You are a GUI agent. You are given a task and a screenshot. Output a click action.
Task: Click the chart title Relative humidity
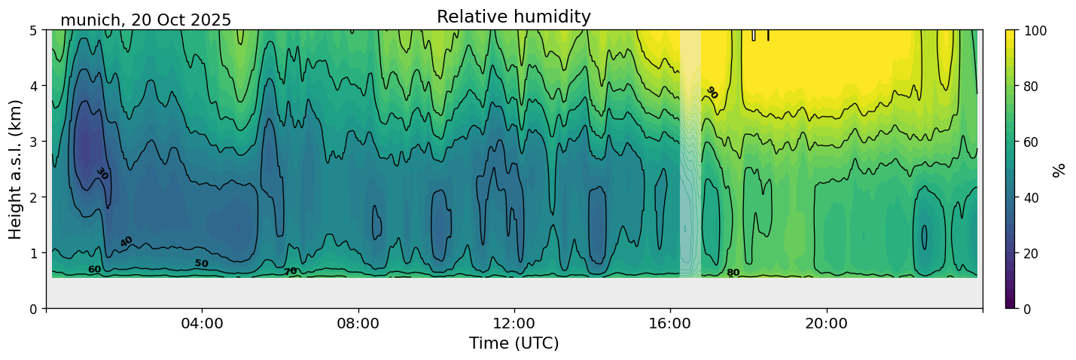(x=514, y=17)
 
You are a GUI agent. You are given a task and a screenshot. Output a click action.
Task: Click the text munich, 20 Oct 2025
(x=145, y=20)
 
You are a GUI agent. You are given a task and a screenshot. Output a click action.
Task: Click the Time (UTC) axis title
(x=514, y=343)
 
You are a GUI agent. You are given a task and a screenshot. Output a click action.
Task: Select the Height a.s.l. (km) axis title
(x=16, y=169)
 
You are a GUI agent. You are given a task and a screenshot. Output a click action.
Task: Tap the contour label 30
(x=102, y=173)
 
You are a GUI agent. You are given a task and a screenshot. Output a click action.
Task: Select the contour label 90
(x=711, y=93)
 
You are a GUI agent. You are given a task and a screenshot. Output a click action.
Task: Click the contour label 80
(x=733, y=273)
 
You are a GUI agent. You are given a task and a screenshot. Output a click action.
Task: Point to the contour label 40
(x=126, y=242)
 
